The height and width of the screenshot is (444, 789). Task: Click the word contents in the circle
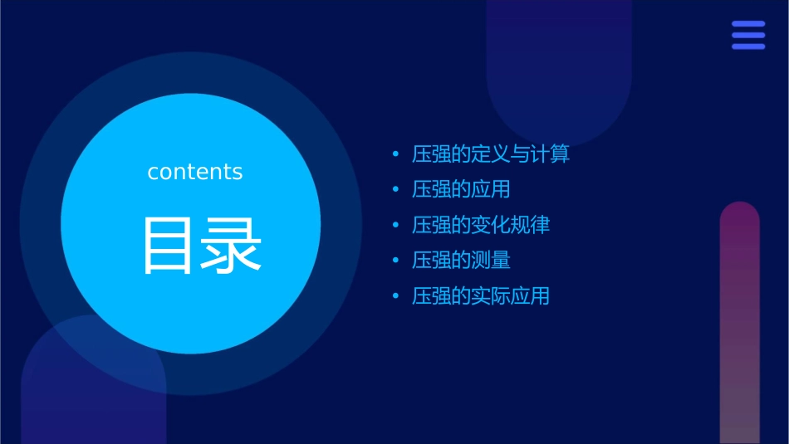195,172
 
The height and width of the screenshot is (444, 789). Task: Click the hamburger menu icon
747,36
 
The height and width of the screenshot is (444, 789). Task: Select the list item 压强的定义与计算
491,154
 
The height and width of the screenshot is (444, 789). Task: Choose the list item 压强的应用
461,189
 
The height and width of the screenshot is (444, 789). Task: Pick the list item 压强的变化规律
481,225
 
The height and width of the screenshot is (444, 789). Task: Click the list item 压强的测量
461,261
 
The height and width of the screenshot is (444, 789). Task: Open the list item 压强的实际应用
481,296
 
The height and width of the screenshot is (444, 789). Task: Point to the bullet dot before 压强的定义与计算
396,154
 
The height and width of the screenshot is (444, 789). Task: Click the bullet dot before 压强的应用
396,190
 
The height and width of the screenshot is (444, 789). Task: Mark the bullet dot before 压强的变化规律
396,226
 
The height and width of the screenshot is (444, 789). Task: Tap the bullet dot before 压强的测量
396,261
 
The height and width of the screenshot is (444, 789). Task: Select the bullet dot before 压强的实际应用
396,296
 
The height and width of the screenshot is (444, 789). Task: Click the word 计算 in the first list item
551,154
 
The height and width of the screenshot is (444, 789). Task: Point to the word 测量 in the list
491,261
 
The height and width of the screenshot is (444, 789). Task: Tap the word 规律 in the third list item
531,225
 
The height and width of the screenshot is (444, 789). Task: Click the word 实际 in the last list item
491,296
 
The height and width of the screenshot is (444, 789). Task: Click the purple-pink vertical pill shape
739,324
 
